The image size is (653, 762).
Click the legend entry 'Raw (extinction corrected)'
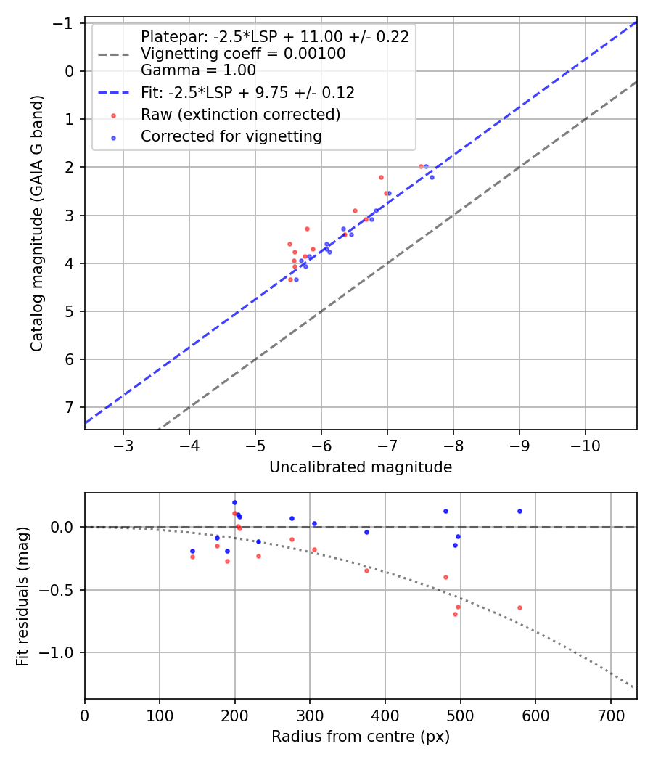[x=240, y=115]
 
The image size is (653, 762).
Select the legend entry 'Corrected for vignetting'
[x=231, y=136]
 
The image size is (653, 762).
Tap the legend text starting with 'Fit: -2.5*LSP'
[x=247, y=93]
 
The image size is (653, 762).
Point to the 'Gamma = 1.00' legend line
[x=198, y=71]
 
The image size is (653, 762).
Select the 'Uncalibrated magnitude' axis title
[x=361, y=467]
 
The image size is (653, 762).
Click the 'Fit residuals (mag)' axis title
[x=22, y=597]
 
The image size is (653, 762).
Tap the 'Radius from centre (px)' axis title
[x=361, y=737]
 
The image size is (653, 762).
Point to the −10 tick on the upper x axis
[x=586, y=444]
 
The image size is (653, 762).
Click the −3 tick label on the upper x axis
[x=123, y=444]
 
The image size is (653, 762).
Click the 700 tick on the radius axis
[x=610, y=715]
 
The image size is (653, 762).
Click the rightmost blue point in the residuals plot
[x=519, y=511]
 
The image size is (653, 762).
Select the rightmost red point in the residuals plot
[x=519, y=607]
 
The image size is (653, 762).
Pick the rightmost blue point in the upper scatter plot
[x=432, y=177]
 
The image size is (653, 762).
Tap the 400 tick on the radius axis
[x=385, y=715]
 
